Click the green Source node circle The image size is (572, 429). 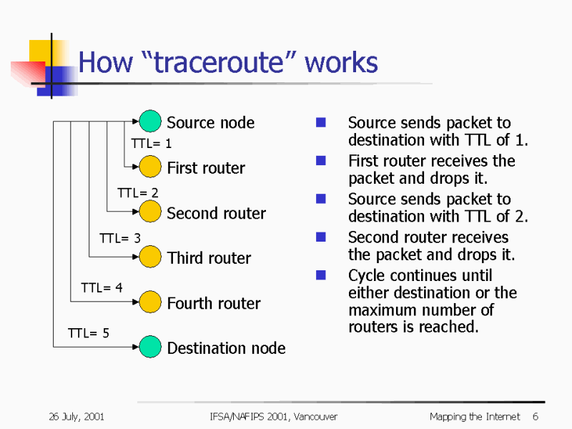[150, 122]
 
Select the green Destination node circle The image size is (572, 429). [150, 347]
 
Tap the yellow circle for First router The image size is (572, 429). [150, 167]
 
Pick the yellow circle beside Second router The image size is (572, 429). [150, 212]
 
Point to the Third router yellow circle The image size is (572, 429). [150, 257]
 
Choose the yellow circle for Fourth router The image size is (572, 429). [150, 302]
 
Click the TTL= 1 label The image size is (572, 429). [151, 144]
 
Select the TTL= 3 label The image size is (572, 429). [119, 239]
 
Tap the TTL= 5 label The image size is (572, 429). [88, 333]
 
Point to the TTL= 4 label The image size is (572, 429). [102, 288]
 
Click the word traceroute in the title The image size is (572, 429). [227, 64]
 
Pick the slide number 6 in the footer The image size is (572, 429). [535, 417]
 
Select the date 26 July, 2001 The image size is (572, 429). [77, 417]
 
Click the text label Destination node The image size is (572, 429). [226, 348]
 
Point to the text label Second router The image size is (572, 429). [216, 213]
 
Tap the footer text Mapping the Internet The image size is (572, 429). [474, 417]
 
